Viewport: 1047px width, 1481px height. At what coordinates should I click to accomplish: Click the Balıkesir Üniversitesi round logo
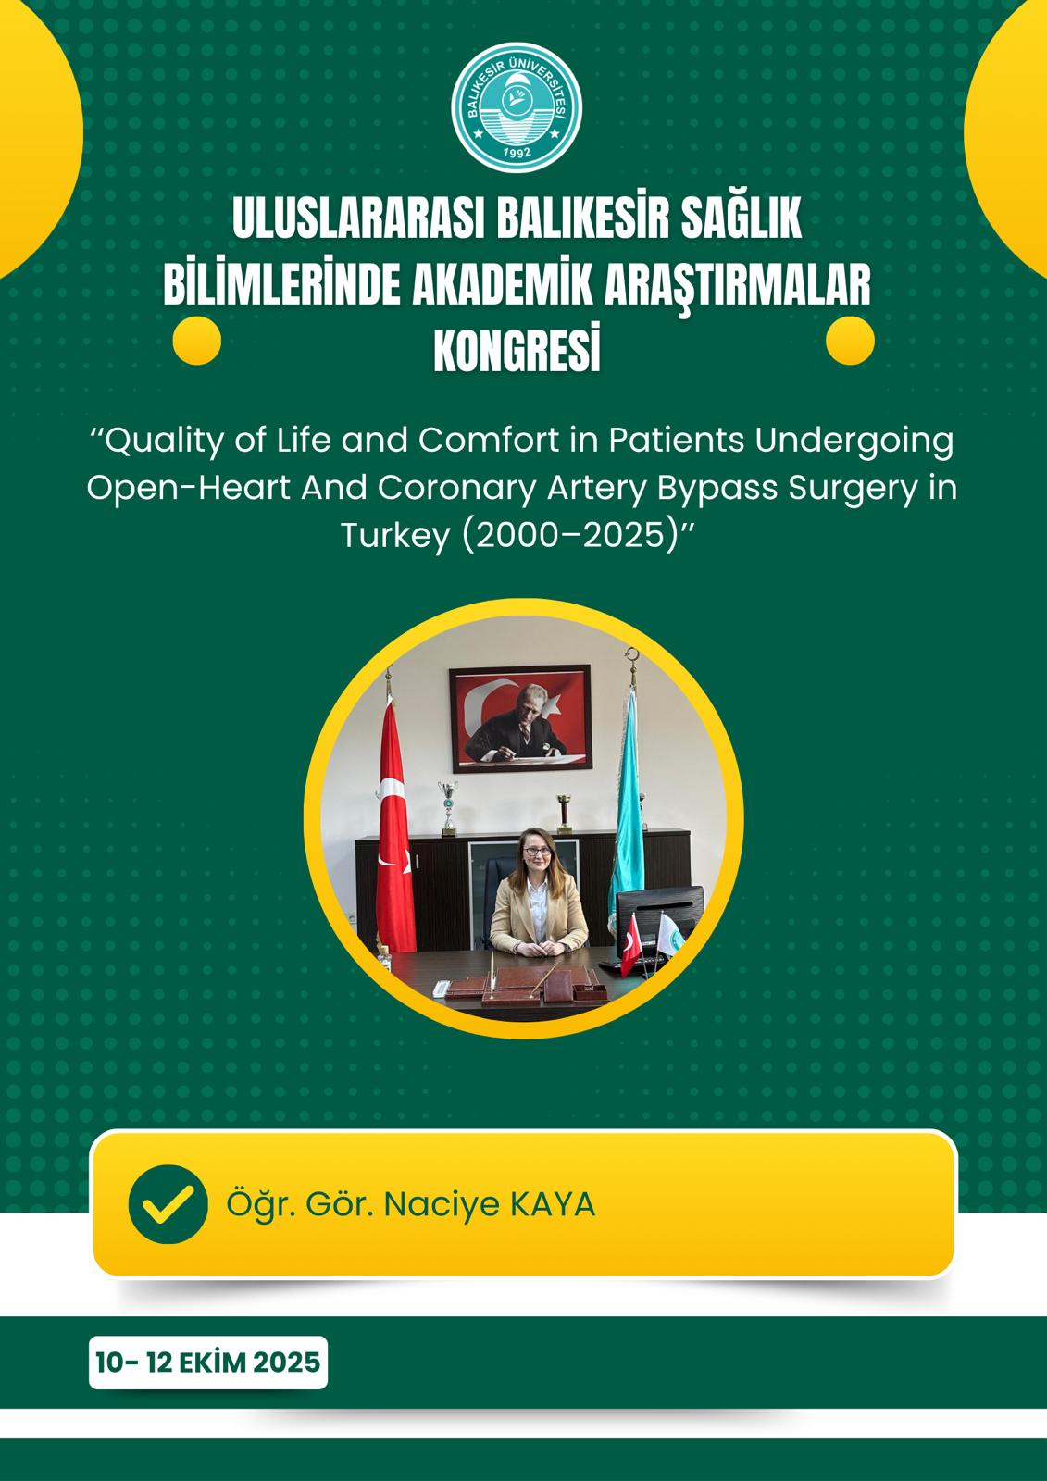[516, 107]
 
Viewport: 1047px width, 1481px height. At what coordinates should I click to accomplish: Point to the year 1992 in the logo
[517, 154]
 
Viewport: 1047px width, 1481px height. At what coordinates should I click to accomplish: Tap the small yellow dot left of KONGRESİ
[196, 341]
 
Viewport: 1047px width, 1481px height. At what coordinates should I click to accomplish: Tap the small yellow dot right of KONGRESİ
[850, 341]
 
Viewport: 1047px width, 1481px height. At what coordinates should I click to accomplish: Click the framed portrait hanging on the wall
[520, 718]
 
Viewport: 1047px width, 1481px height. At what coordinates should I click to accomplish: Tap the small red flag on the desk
[631, 945]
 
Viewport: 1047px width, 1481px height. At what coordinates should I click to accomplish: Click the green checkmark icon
[168, 1204]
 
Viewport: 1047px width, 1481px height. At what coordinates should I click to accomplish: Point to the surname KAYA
[553, 1204]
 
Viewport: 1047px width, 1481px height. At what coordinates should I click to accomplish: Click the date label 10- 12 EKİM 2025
[207, 1363]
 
